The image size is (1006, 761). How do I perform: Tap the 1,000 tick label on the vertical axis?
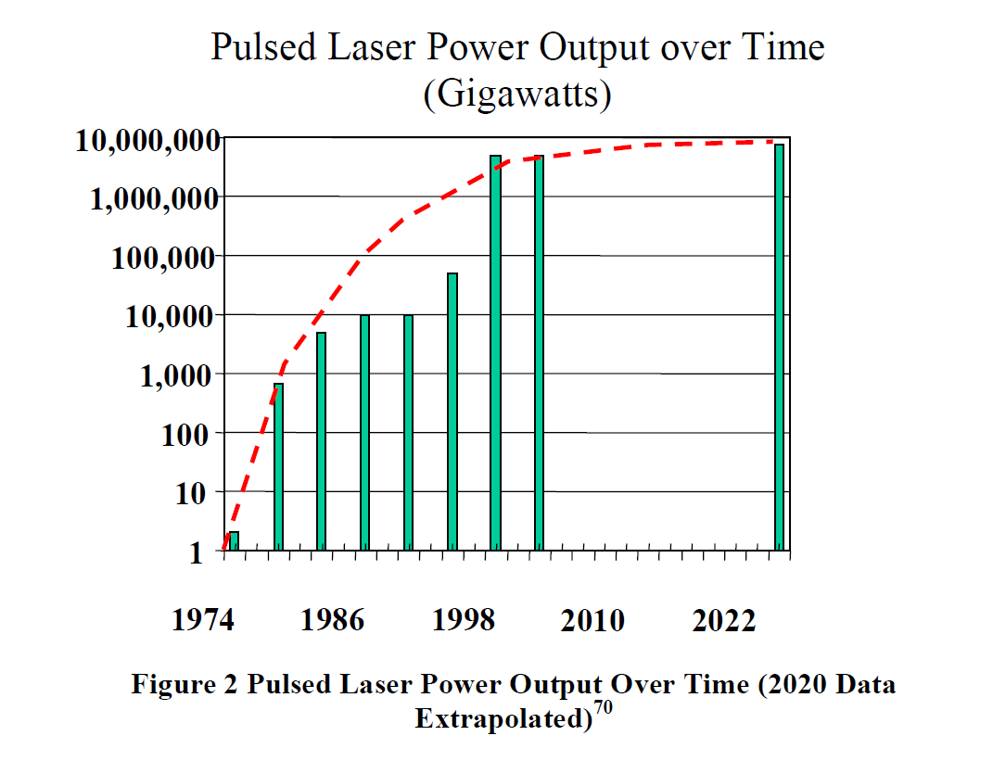click(x=183, y=375)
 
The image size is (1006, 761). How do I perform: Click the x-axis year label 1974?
click(x=203, y=620)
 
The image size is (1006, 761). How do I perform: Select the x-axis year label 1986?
click(x=332, y=620)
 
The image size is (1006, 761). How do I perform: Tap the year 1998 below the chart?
click(x=463, y=620)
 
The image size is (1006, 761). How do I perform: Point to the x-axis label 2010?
click(x=592, y=620)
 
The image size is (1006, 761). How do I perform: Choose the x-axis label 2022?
click(x=724, y=620)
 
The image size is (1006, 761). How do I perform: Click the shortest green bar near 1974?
click(x=234, y=541)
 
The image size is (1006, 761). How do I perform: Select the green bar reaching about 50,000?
click(x=452, y=412)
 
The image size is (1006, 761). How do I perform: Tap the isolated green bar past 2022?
click(x=780, y=347)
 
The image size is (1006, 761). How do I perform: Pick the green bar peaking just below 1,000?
click(x=278, y=467)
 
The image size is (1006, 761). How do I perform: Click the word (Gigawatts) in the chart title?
click(x=516, y=95)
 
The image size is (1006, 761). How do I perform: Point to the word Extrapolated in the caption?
click(x=501, y=718)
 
